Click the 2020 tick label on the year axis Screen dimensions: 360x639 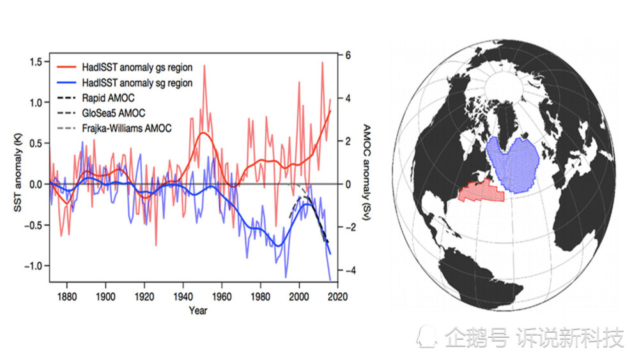pos(337,297)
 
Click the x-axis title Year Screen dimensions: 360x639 pos(197,311)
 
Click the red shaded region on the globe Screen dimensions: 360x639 pos(480,191)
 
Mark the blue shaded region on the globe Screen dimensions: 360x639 pos(513,162)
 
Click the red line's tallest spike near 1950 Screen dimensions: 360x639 pos(204,67)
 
